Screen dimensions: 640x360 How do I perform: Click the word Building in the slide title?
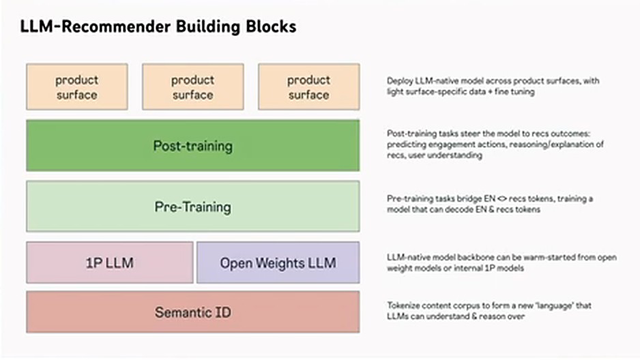pyautogui.click(x=208, y=27)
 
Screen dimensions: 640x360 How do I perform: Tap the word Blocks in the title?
pyautogui.click(x=271, y=27)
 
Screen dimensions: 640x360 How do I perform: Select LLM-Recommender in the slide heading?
pyautogui.click(x=96, y=27)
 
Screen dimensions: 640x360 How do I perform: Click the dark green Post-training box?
pyautogui.click(x=193, y=145)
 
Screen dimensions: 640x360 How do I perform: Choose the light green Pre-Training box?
pyautogui.click(x=193, y=207)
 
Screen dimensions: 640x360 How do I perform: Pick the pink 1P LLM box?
pyautogui.click(x=110, y=262)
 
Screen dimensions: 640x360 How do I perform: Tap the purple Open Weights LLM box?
pyautogui.click(x=278, y=262)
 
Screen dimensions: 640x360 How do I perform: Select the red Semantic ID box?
pyautogui.click(x=193, y=312)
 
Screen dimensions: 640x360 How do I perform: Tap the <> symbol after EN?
pyautogui.click(x=502, y=199)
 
